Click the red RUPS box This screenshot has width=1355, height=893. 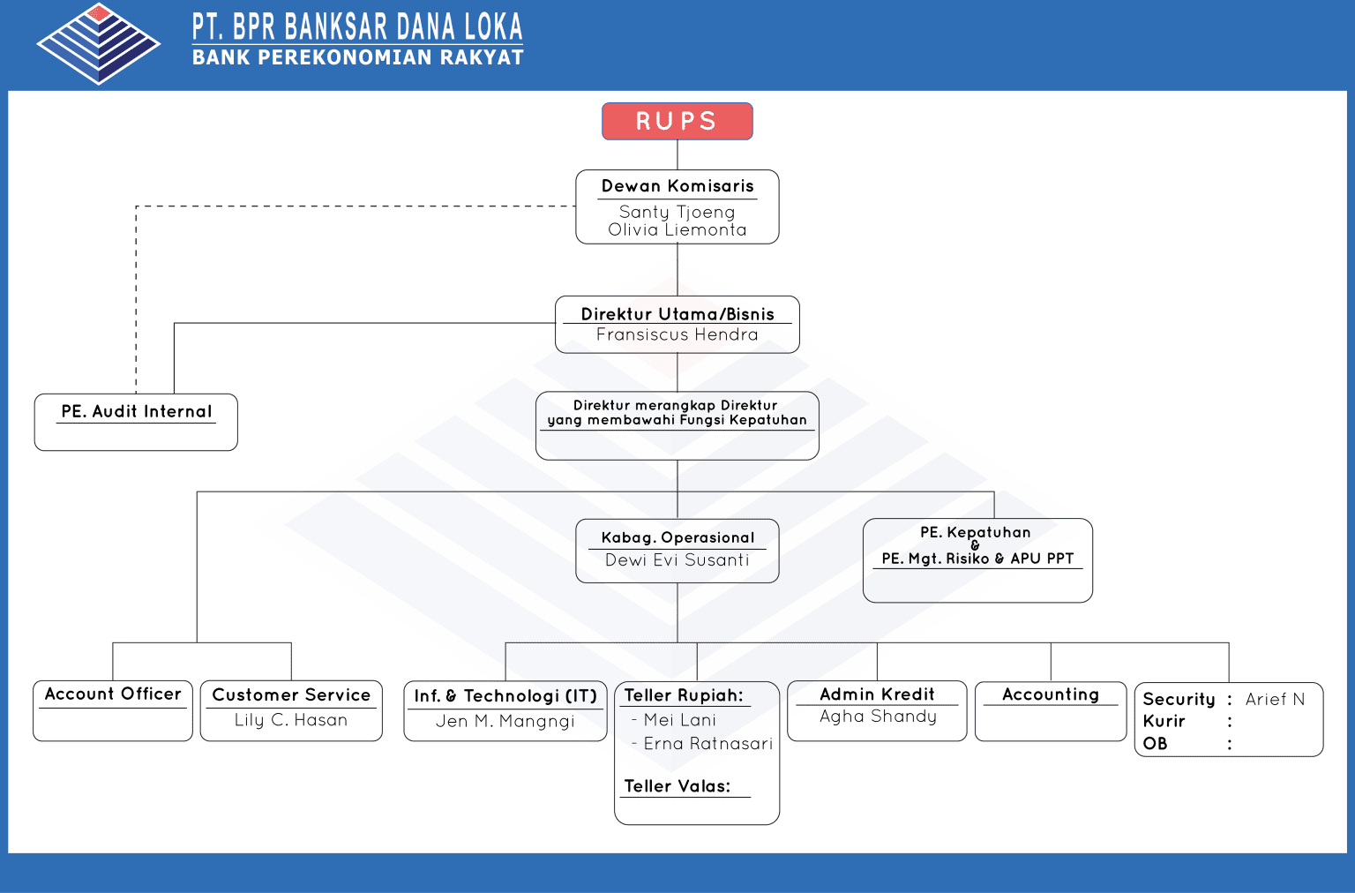point(677,121)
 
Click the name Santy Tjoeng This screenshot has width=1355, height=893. point(677,212)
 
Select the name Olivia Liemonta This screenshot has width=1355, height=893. point(677,229)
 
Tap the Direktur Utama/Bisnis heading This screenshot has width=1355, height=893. point(677,314)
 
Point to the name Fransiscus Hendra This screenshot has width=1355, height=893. point(677,334)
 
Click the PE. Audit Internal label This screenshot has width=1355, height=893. point(136,411)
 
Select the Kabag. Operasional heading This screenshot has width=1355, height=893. point(677,537)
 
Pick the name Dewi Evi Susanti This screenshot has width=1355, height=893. point(677,559)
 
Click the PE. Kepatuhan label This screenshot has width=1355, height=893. point(975,532)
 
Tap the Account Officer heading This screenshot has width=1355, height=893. point(113,694)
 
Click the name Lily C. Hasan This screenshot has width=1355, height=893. point(290,720)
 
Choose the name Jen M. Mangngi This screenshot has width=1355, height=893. point(505,721)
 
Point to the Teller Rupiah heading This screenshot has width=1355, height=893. point(683,695)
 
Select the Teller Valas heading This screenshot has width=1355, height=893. point(677,786)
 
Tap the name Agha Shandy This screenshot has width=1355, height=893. point(878,717)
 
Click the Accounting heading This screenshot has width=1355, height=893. point(1050,694)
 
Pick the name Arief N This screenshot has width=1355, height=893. point(1274,699)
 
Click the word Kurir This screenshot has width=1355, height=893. point(1164,721)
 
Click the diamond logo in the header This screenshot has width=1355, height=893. point(98,43)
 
